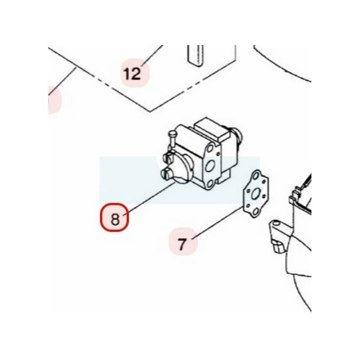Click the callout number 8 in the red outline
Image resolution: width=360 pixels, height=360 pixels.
(x=115, y=219)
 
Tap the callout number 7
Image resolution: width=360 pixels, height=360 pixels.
(x=182, y=244)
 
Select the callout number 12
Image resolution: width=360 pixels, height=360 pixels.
(x=132, y=73)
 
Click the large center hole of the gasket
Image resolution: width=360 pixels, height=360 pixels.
(x=255, y=194)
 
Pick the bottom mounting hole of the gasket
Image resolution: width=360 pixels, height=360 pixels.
(x=255, y=212)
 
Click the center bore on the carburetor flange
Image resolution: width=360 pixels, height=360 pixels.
(x=210, y=165)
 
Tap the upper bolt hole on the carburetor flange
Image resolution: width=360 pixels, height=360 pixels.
(x=210, y=148)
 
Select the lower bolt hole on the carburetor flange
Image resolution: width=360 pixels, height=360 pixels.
(x=209, y=184)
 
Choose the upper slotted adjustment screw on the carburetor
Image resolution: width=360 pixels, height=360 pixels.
(x=168, y=157)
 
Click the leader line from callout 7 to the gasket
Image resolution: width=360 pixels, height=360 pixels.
(x=217, y=222)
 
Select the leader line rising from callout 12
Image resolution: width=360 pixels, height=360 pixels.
(x=152, y=55)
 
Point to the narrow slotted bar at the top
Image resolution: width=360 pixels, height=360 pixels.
(x=195, y=56)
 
